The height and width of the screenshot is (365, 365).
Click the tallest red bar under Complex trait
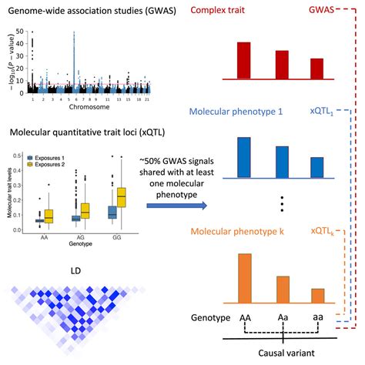click(244, 59)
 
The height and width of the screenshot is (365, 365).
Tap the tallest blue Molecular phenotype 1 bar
click(244, 157)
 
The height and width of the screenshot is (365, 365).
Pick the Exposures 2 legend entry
click(52, 164)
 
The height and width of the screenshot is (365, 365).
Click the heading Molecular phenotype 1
click(256, 112)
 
